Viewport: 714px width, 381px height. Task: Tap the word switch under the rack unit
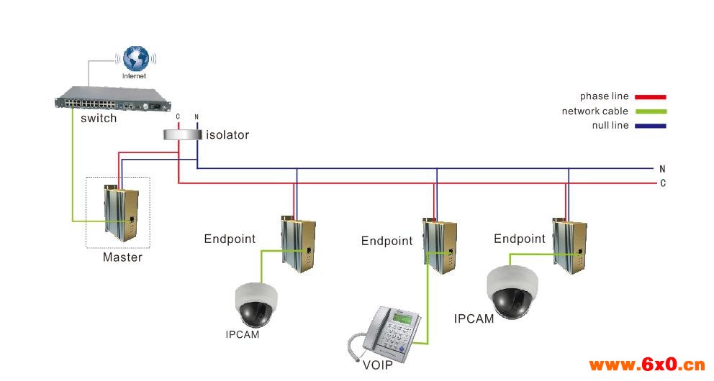point(99,119)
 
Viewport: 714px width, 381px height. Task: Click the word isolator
point(227,135)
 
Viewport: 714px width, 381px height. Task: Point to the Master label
point(122,257)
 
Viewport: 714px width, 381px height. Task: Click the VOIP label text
point(378,364)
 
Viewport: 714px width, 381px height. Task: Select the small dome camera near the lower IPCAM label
point(255,305)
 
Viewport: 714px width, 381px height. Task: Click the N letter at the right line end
point(662,169)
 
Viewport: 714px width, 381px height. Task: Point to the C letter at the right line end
point(662,183)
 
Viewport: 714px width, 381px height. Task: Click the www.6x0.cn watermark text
point(646,364)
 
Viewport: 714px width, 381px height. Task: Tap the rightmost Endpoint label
point(520,239)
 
